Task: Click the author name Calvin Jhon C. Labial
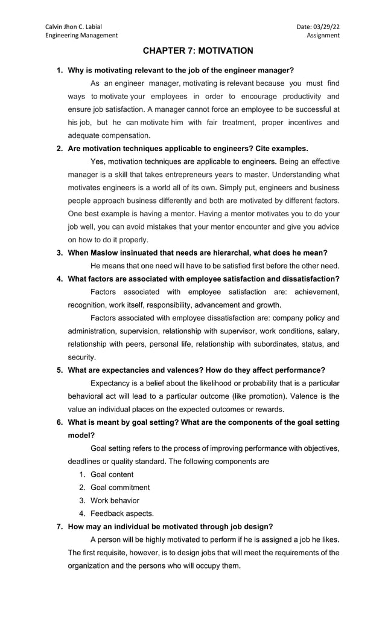(x=74, y=27)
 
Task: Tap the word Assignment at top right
(x=323, y=36)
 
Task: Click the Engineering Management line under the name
(x=81, y=36)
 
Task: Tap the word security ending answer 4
(x=81, y=357)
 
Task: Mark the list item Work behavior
(x=115, y=500)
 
